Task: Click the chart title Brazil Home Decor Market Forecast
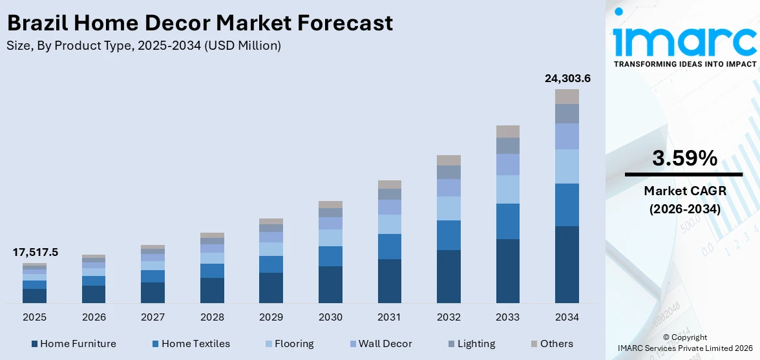[x=200, y=23]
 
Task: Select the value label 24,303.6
[x=567, y=79]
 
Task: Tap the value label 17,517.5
[x=35, y=253]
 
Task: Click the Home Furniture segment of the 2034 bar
[x=567, y=264]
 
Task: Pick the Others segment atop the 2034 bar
[x=567, y=96]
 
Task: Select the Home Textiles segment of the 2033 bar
[x=507, y=221]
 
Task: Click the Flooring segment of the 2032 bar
[x=449, y=208]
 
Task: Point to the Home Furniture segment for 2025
[x=34, y=296]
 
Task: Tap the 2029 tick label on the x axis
[x=271, y=317]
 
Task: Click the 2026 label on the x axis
[x=94, y=317]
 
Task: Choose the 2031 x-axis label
[x=389, y=317]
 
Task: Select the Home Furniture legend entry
[x=74, y=344]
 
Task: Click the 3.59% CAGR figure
[x=684, y=158]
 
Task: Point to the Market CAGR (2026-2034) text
[x=684, y=200]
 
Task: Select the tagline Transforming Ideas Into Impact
[x=684, y=64]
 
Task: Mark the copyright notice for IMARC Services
[x=684, y=343]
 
